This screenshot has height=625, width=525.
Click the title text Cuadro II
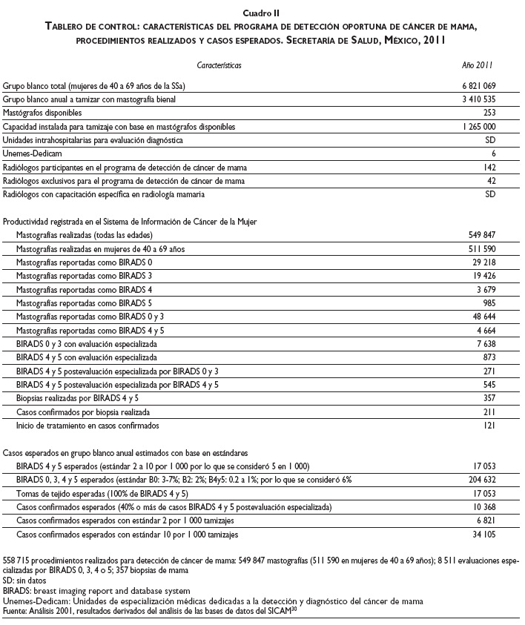pyautogui.click(x=262, y=12)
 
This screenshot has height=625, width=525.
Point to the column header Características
pyautogui.click(x=219, y=65)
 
